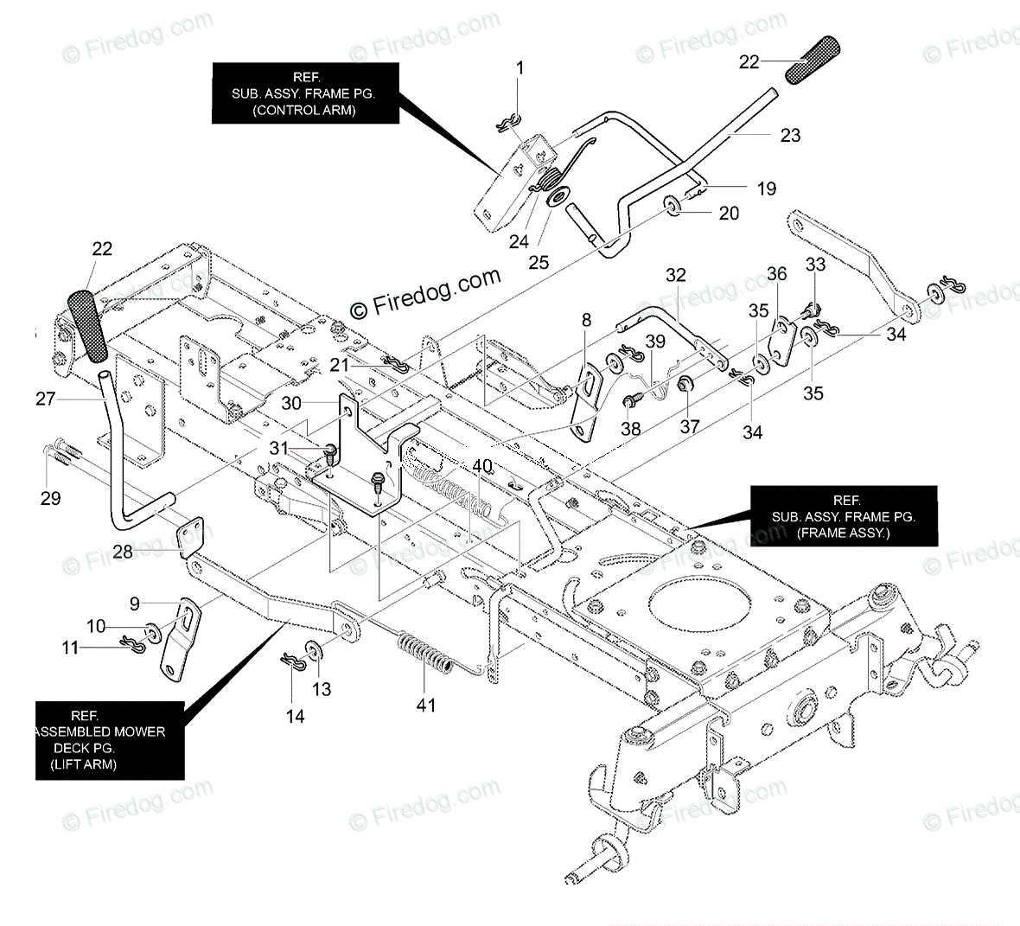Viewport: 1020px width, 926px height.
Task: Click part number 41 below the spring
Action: (425, 705)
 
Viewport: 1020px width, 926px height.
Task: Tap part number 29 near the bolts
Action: (51, 498)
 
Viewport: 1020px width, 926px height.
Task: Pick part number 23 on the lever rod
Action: (790, 135)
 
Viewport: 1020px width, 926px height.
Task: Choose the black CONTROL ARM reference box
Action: (305, 93)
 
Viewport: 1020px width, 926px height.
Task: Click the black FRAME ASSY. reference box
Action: (844, 517)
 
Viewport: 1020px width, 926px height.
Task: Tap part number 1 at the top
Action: (520, 67)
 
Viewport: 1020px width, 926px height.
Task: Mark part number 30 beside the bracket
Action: (291, 403)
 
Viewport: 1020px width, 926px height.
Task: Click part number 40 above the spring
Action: (481, 467)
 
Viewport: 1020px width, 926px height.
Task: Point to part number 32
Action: (675, 275)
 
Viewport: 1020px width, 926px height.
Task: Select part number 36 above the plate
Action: (777, 274)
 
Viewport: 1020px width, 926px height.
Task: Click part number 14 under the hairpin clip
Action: (296, 716)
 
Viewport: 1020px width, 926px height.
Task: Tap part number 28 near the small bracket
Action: (123, 551)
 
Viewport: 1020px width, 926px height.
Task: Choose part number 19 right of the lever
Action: (766, 188)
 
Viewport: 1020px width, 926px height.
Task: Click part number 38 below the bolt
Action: (631, 428)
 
